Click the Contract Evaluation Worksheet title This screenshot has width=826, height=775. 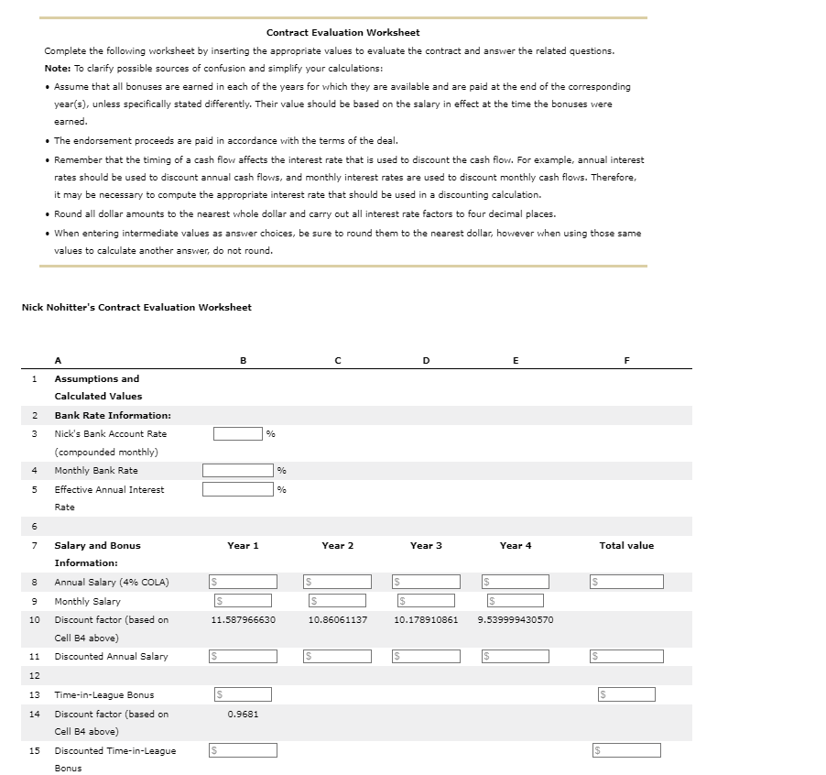342,32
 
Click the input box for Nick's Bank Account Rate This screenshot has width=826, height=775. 237,433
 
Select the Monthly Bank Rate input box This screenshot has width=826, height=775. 237,470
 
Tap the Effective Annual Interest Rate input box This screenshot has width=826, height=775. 237,489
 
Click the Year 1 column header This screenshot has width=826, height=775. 243,545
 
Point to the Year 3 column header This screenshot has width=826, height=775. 426,545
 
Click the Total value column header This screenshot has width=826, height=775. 626,545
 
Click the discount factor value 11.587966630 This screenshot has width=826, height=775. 243,619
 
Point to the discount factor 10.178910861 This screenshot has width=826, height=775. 426,619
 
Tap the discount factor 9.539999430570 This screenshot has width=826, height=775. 516,619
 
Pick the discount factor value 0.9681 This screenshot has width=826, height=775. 243,714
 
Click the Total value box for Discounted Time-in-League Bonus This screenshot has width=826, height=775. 627,750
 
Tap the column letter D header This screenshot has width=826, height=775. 426,361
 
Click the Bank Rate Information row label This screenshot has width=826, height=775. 113,415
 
